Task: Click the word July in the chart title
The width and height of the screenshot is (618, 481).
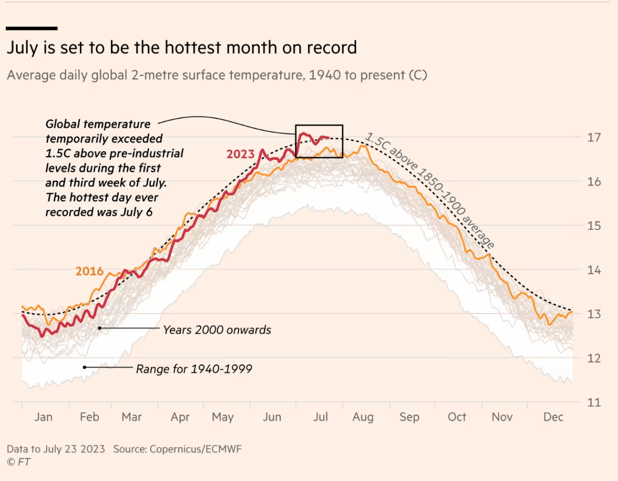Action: coord(24,48)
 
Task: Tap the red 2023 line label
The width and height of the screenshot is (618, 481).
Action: coord(241,154)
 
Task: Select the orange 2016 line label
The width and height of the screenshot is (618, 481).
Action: coord(89,272)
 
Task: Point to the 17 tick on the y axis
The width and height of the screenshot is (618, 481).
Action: coord(594,138)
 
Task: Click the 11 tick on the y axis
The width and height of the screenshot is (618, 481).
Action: coord(594,402)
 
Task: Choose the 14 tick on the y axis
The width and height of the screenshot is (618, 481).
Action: coord(594,270)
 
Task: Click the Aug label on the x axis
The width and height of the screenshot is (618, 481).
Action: coord(363,417)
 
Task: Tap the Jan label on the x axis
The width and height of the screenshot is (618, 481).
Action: coord(43,417)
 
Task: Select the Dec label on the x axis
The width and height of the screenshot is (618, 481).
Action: coord(553,417)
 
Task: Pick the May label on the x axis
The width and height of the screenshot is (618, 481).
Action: coord(223,417)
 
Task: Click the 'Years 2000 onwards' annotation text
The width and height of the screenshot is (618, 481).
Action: coord(217,330)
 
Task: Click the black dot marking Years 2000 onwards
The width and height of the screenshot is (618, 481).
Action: coord(100,328)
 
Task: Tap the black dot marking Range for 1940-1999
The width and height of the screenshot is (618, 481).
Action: coord(85,367)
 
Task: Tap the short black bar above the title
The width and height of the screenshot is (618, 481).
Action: coord(32,28)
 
